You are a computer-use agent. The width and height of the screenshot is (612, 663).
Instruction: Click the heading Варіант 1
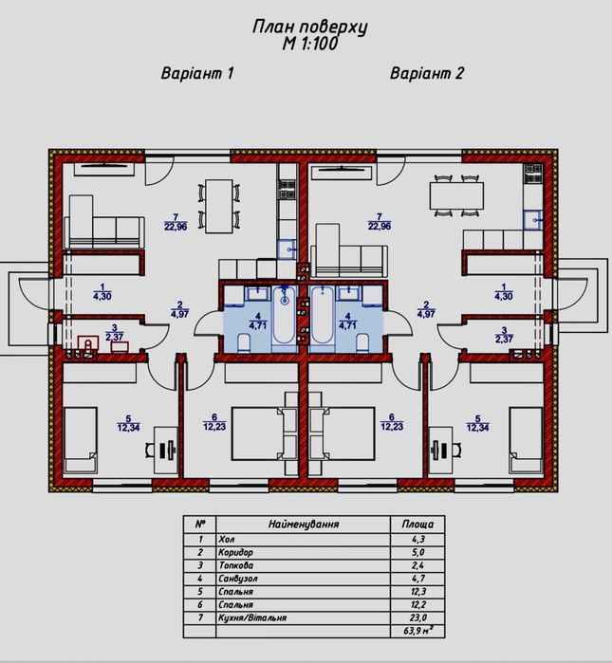pos(197,73)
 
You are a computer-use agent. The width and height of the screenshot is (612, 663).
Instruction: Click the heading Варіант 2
pos(426,73)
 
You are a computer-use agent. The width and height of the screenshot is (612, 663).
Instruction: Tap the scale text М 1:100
pos(310,43)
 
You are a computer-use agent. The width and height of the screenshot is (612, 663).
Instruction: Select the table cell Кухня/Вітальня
pos(252,617)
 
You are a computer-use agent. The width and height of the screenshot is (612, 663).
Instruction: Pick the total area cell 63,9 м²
pos(417,631)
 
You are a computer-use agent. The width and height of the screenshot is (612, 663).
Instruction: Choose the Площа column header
pos(417,525)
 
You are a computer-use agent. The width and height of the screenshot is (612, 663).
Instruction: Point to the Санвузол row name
pos(238,579)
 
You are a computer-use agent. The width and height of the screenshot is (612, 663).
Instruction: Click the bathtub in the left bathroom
pos(285,315)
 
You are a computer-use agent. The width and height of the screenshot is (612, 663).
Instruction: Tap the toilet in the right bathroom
pos(362,342)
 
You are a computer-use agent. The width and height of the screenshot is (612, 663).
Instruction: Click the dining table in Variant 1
pos(219,207)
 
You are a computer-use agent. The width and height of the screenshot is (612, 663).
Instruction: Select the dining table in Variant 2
pos(456,195)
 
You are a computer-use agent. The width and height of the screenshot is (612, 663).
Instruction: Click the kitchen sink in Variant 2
pos(533,220)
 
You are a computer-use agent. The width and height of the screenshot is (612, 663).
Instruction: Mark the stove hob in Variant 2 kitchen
pos(533,174)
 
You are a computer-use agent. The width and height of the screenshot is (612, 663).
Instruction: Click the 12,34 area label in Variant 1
pos(129,428)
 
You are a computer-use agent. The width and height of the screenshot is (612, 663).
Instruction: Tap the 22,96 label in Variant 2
pos(380,226)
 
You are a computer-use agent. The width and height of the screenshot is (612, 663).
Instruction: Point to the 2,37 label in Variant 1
pos(114,337)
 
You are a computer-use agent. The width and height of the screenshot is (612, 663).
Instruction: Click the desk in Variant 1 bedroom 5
pos(165,451)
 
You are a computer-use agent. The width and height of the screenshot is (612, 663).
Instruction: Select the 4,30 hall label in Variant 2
pos(503,296)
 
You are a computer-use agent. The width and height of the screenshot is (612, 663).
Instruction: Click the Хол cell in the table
pos(227,540)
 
